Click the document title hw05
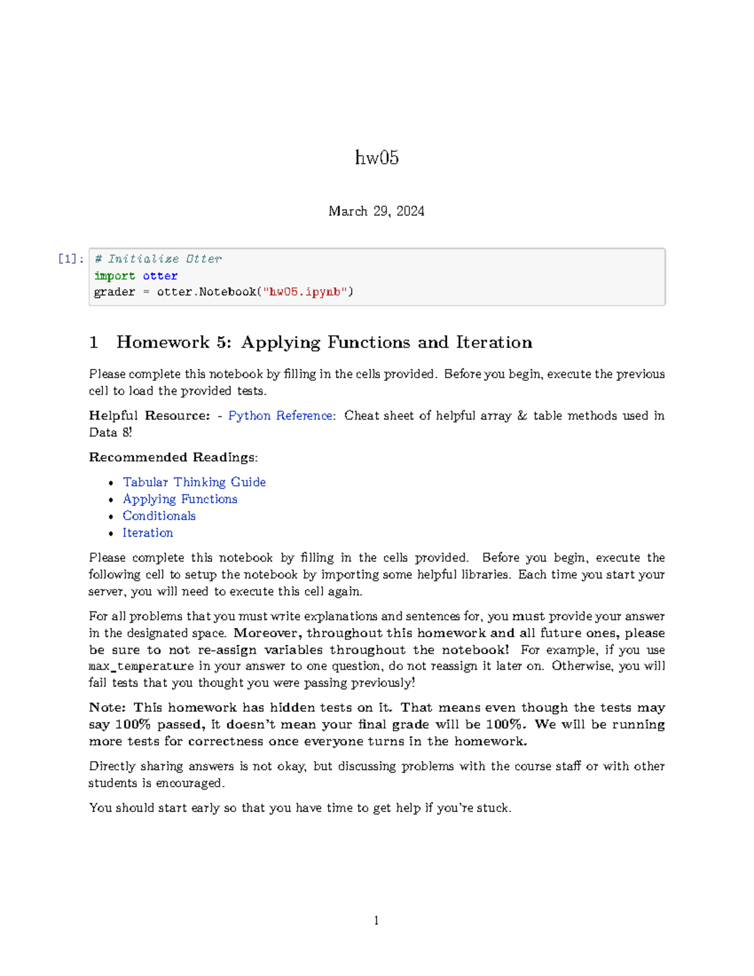pos(376,157)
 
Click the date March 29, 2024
pos(376,211)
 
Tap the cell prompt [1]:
pos(70,259)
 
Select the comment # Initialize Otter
pos(158,259)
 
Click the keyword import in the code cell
pos(114,276)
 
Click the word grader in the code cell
pos(114,292)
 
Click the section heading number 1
pos(94,343)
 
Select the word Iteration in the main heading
pos(494,343)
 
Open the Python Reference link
pos(280,416)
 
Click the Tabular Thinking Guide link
pos(194,482)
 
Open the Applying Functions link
pos(180,499)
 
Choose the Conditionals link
pos(159,516)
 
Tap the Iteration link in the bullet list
pos(148,533)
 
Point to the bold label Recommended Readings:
pos(173,458)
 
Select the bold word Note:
pos(107,708)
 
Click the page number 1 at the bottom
pos(376,921)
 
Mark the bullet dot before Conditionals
pos(111,517)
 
